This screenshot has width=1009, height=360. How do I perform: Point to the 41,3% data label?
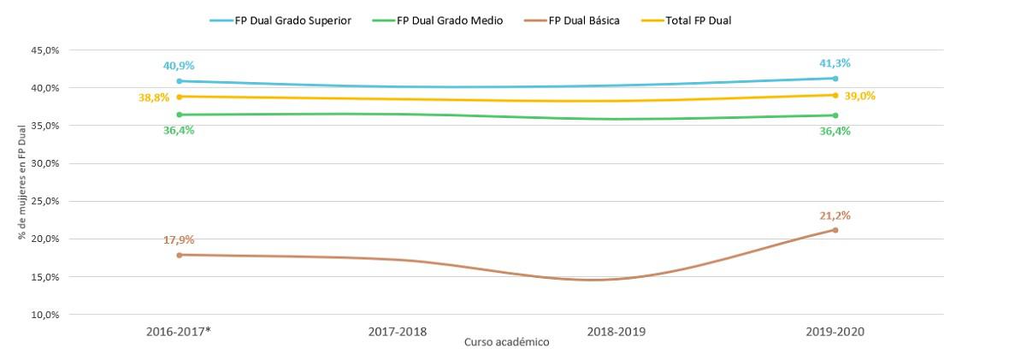pos(835,63)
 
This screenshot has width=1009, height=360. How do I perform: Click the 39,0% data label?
pos(861,96)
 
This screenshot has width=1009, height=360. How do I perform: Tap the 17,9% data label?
pos(178,239)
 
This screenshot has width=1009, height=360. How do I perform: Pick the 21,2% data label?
pos(835,215)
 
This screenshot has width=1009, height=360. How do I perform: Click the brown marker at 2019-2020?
pos(835,230)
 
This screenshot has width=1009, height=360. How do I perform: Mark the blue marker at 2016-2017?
pos(178,81)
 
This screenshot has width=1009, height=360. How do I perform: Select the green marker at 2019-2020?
pos(835,115)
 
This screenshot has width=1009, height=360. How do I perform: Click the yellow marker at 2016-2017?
pos(178,97)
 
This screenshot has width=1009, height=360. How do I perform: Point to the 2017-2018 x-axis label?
pos(397,330)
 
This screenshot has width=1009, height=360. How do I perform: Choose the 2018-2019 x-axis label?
pos(616,330)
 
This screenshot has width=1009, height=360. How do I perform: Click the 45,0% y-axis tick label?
pos(45,50)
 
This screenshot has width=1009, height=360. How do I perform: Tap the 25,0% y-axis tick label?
pos(45,201)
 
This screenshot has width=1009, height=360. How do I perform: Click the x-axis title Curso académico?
pos(506,342)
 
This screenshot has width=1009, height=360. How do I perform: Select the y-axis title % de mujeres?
pos(21,183)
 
